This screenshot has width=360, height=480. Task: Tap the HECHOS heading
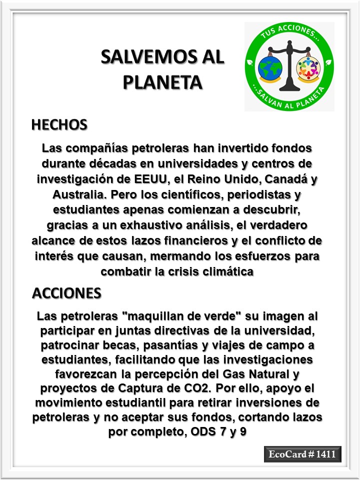pos(59,124)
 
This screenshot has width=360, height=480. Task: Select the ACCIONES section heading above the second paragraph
pos(66,293)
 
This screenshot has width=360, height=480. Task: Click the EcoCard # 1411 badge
pos(302,454)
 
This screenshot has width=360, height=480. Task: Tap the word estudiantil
pos(119,403)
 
